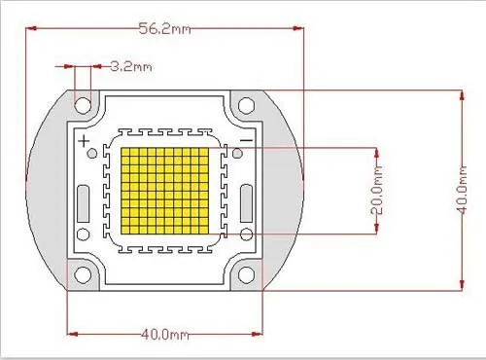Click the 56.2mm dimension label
(164, 28)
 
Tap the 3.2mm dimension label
(131, 66)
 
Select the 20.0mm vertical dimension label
(376, 190)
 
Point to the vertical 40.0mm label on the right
(463, 190)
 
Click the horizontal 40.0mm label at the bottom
(165, 334)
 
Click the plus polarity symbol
(84, 141)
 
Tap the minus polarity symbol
(247, 140)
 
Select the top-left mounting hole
(83, 105)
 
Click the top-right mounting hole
(246, 105)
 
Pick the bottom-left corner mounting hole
(83, 274)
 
